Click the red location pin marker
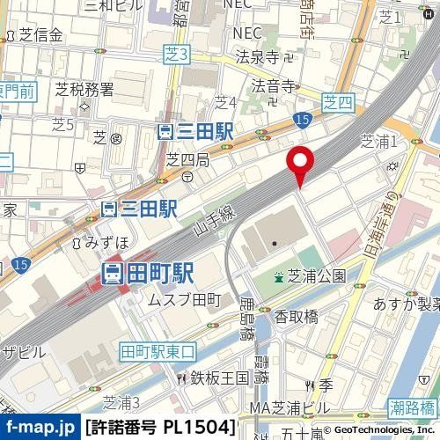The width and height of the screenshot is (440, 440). tap(302, 163)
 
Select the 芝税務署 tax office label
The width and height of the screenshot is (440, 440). tap(84, 88)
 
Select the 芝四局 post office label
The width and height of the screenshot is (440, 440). tap(187, 159)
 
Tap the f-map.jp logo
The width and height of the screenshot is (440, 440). tap(42, 428)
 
